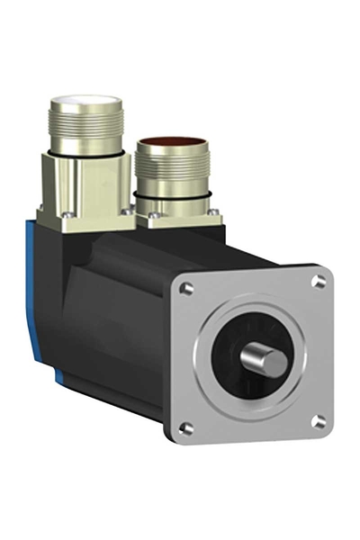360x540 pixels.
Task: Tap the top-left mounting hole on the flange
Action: tap(186, 289)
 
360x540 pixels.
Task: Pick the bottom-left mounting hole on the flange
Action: tap(186, 427)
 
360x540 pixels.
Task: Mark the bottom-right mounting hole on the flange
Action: tap(318, 420)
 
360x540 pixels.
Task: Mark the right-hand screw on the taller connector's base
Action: tap(127, 211)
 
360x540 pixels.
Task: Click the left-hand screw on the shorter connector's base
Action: tap(154, 216)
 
